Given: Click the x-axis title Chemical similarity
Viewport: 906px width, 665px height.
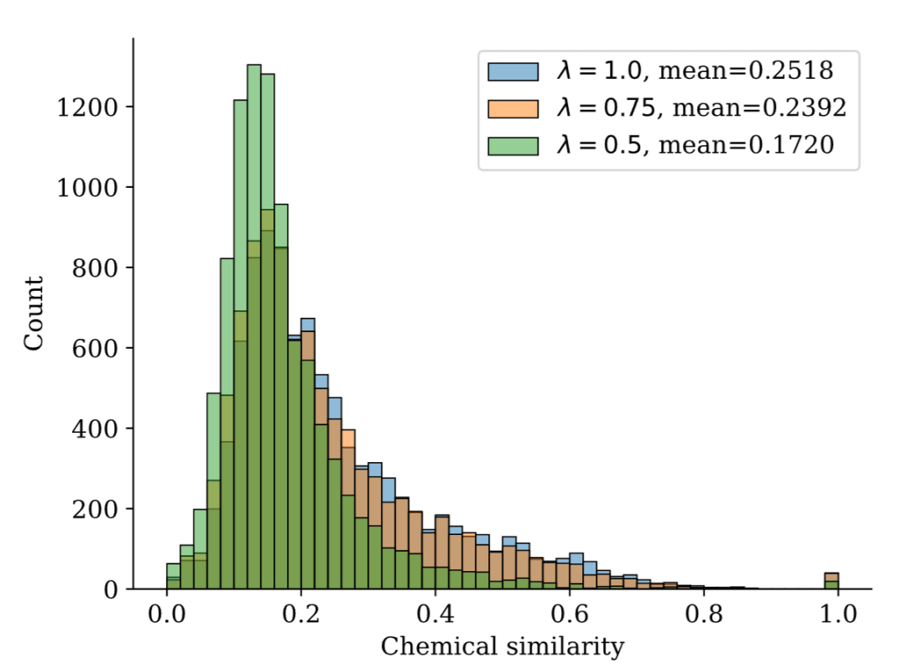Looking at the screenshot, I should (x=502, y=647).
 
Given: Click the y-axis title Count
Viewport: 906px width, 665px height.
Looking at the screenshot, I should (x=34, y=313).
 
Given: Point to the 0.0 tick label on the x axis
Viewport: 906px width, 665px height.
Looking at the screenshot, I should (x=166, y=613).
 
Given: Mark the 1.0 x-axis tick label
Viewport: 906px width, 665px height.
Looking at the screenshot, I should (x=838, y=613).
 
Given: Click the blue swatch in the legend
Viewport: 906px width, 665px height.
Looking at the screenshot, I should (x=512, y=71).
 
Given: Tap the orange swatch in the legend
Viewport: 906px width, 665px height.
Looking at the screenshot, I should (x=512, y=108).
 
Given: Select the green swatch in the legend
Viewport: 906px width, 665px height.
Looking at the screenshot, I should (x=512, y=145).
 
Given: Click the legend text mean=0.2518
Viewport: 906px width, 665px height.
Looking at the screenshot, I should (x=745, y=71).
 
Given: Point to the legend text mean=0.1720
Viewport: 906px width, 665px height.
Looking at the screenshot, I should (x=745, y=145).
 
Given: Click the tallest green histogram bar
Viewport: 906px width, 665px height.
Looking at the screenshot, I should (x=254, y=327).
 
